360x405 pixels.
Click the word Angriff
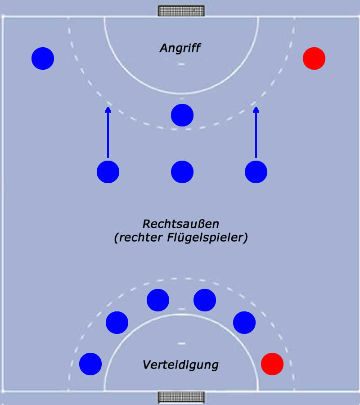click(180, 48)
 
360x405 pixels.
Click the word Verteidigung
click(180, 364)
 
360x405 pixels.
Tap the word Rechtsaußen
click(180, 223)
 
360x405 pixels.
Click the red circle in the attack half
click(314, 58)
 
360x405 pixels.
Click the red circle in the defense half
click(272, 364)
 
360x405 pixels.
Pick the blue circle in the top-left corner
click(43, 58)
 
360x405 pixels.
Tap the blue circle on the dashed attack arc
click(182, 115)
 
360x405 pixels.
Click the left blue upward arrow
click(108, 133)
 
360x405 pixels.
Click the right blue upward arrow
click(256, 133)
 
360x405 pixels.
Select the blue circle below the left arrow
click(108, 172)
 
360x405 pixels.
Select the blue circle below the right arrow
click(256, 172)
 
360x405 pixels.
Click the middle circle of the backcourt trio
click(182, 172)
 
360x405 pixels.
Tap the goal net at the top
click(181, 10)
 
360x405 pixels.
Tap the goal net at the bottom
click(181, 397)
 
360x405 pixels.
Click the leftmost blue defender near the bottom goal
click(90, 364)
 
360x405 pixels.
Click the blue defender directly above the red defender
click(244, 322)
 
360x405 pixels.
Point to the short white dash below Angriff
click(181, 64)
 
